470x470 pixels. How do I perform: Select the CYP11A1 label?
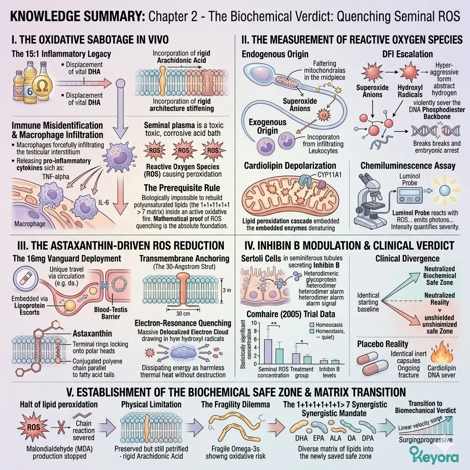pyautogui.click(x=330, y=175)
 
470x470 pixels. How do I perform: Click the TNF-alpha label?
pyautogui.click(x=56, y=177)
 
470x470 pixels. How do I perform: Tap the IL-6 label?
pyautogui.click(x=104, y=202)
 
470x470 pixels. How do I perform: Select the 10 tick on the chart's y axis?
pyautogui.click(x=254, y=323)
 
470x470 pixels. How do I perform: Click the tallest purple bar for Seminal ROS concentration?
pyautogui.click(x=268, y=351)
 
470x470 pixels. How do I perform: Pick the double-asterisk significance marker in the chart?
pyautogui.click(x=274, y=324)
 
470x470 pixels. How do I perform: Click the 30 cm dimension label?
pyautogui.click(x=183, y=313)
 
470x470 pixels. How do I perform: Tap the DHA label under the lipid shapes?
pyautogui.click(x=301, y=438)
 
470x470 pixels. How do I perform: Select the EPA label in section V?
pyautogui.click(x=319, y=438)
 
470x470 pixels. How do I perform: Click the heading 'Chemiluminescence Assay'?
pyautogui.click(x=408, y=165)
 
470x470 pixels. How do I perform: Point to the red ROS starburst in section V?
pyautogui.click(x=33, y=427)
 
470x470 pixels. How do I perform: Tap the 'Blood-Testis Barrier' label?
pyautogui.click(x=111, y=313)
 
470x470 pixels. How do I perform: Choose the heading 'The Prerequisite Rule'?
pyautogui.click(x=182, y=188)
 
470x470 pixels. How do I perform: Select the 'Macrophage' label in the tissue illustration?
pyautogui.click(x=30, y=224)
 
